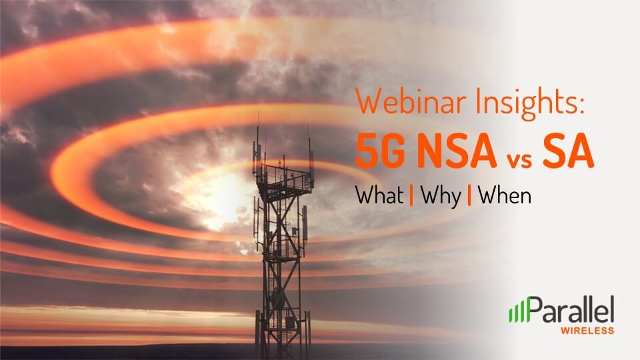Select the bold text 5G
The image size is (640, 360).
tap(381, 151)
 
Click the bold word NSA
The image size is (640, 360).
tap(457, 151)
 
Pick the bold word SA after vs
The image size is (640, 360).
tap(568, 151)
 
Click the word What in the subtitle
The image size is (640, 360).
tap(379, 195)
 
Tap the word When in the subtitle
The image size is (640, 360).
tap(505, 195)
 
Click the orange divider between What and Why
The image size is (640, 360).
tap(411, 195)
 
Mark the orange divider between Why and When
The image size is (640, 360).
tap(469, 195)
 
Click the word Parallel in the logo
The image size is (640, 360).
tap(570, 310)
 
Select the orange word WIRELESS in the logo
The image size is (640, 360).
tap(587, 331)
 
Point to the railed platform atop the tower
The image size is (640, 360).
tap(285, 179)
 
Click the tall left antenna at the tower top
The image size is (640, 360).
tap(257, 143)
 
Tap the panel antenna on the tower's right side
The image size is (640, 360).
tap(305, 223)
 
